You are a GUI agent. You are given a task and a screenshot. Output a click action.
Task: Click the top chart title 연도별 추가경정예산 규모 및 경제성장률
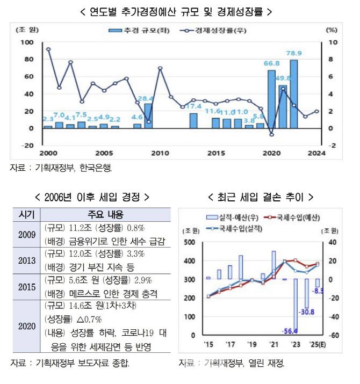pos(180,10)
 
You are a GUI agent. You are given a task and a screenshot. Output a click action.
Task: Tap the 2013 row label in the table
pos(26,260)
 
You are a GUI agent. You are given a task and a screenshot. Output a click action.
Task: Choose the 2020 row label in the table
pos(26,325)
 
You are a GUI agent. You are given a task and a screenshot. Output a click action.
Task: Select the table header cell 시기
pos(26,214)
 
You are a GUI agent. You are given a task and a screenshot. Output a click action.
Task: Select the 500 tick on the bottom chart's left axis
pos(189,242)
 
